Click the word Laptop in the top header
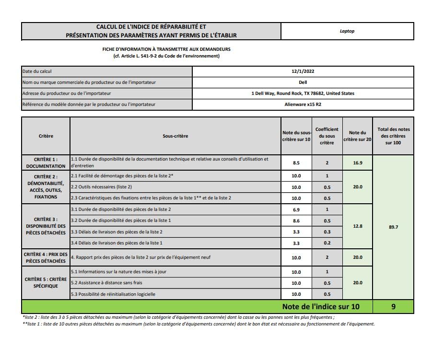point(347,31)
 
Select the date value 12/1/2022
point(303,71)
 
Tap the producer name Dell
point(303,82)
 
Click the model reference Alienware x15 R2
point(303,104)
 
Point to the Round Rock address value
point(303,93)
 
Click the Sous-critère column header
point(175,136)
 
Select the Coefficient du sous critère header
point(327,136)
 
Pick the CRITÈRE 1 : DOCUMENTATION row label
point(46,163)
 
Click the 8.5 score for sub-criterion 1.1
point(296,163)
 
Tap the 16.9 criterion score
point(358,163)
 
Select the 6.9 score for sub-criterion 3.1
point(296,210)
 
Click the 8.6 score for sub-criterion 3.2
point(296,221)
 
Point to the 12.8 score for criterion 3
point(358,226)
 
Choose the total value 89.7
point(393,227)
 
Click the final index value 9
point(393,307)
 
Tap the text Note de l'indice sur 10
point(320,307)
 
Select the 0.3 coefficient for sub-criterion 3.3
point(327,232)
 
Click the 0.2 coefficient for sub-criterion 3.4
point(327,243)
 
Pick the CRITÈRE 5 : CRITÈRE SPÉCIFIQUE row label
point(46,282)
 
